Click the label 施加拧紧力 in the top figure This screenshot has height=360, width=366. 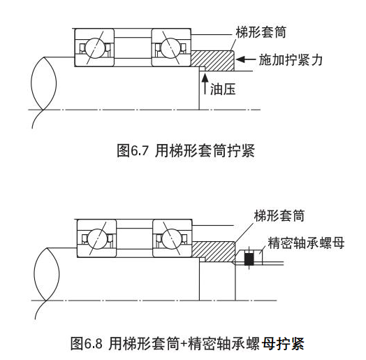click(291, 60)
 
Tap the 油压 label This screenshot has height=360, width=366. click(223, 89)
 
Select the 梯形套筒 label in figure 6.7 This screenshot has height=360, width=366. click(261, 32)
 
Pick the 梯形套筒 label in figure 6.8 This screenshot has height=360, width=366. click(279, 215)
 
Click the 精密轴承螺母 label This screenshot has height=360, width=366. click(306, 243)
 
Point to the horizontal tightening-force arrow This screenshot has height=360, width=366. click(246, 59)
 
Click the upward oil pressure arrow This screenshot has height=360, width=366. click(205, 83)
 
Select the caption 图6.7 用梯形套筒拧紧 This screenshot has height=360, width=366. click(186, 150)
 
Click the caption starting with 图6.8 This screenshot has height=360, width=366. click(187, 343)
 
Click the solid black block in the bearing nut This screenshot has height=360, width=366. click(249, 259)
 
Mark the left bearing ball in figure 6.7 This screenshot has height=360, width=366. click(94, 48)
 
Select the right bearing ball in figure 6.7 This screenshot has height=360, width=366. click(171, 48)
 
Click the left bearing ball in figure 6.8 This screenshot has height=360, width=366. click(97, 239)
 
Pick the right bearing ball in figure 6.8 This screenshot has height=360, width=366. click(172, 239)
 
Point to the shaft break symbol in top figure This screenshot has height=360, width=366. click(44, 83)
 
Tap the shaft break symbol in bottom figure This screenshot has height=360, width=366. click(47, 274)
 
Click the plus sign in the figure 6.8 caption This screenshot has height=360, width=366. click(184, 344)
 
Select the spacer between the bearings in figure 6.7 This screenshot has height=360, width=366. click(133, 48)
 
